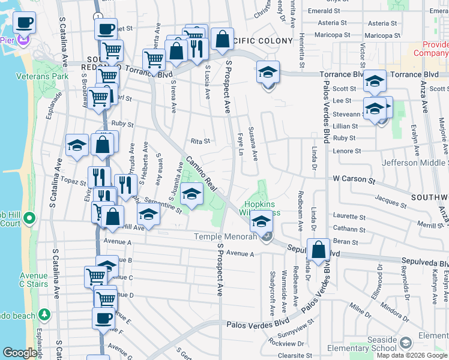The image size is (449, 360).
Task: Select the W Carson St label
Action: (354, 179)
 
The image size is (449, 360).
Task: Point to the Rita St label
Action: (200, 142)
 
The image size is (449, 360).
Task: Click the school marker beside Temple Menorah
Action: (261, 221)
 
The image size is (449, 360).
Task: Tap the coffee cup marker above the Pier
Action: (24, 23)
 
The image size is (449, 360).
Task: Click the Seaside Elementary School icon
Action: (405, 343)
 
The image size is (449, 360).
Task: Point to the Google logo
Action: (20, 353)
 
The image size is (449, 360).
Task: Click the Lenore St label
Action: (347, 152)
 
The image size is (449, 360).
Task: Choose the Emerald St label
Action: (324, 11)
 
